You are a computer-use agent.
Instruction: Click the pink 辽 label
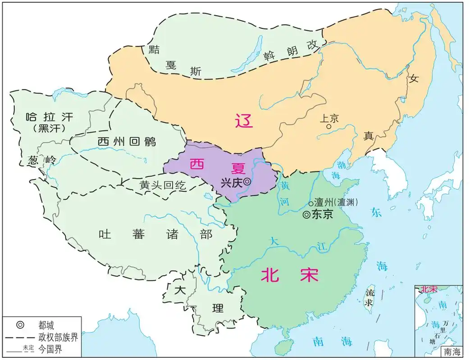click(x=244, y=121)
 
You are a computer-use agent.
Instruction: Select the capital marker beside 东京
click(x=306, y=215)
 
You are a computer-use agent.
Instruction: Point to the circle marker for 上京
click(x=329, y=127)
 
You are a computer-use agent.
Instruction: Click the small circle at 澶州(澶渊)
click(x=311, y=204)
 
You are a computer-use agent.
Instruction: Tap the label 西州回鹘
click(x=127, y=141)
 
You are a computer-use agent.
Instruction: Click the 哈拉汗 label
click(x=50, y=118)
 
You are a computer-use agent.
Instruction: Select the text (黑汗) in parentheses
click(x=50, y=128)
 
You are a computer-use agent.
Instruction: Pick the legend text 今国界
click(x=50, y=349)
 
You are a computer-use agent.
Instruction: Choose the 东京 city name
click(x=322, y=215)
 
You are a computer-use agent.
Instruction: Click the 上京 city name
click(x=329, y=118)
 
